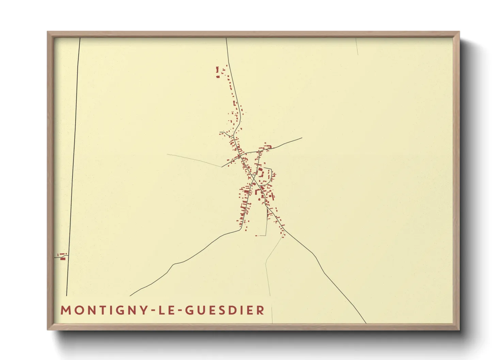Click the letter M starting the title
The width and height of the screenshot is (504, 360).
[x=65, y=310]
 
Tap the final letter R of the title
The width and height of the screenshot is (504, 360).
[x=261, y=310]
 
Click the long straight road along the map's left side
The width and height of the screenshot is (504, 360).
[x=74, y=163]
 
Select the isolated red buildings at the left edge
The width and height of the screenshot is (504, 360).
[x=62, y=256]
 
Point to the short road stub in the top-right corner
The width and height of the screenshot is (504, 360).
[x=357, y=46]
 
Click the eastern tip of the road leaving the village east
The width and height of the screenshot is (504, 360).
[x=302, y=138]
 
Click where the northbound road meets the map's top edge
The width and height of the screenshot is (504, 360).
[x=226, y=38]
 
